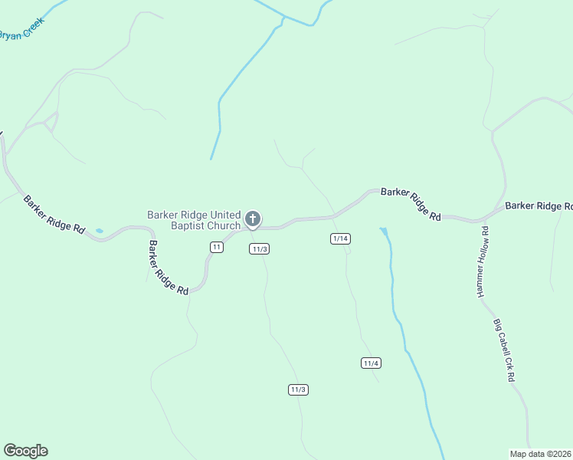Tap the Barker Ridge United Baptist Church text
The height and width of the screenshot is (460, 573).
click(x=195, y=220)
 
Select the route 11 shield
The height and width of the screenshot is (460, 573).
click(x=217, y=247)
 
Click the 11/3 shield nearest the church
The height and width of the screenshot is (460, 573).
click(x=259, y=249)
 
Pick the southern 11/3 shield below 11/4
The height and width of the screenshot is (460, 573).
click(x=299, y=389)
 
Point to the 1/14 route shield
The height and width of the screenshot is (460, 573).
click(x=340, y=239)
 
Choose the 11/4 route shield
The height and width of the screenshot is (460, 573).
click(x=372, y=363)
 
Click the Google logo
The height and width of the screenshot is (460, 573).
click(x=25, y=451)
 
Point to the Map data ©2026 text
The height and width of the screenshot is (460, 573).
click(x=540, y=453)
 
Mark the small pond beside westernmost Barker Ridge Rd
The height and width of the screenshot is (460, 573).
click(x=99, y=230)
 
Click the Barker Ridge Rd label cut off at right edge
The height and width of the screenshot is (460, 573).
click(x=539, y=205)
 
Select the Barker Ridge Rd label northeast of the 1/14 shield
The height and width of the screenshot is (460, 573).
click(x=411, y=204)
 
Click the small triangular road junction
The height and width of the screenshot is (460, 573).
click(x=51, y=121)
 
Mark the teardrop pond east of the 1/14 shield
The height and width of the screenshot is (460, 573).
click(x=383, y=231)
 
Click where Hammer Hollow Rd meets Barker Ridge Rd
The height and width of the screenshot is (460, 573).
click(x=485, y=218)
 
